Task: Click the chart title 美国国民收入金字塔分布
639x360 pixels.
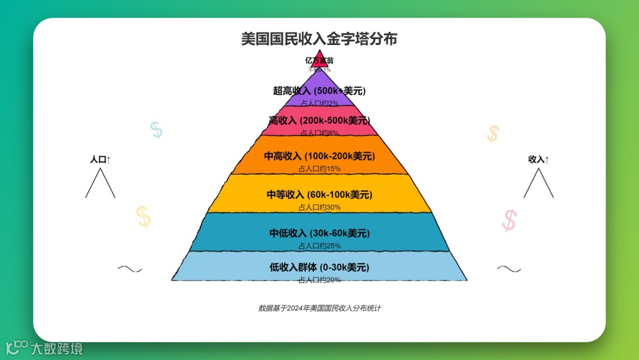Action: click(x=319, y=40)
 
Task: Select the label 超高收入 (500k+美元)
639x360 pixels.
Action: click(x=319, y=91)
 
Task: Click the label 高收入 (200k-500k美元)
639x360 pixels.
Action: click(x=319, y=120)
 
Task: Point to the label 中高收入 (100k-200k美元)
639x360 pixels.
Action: click(x=319, y=156)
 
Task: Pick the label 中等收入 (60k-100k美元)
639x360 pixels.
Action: click(x=319, y=194)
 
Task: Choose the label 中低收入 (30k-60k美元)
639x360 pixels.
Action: click(x=319, y=233)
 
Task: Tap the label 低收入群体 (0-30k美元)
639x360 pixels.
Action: click(x=319, y=267)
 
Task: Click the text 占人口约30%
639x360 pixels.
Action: click(x=319, y=207)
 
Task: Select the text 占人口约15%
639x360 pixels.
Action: click(x=319, y=169)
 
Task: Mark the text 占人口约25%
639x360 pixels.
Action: click(x=319, y=246)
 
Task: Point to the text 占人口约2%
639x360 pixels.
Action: click(x=319, y=103)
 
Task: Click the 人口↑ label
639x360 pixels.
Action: click(x=100, y=160)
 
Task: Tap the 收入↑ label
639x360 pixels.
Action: click(x=538, y=160)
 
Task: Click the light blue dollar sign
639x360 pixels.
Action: click(x=156, y=130)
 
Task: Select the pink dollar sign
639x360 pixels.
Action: click(x=509, y=220)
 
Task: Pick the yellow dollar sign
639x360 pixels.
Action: click(x=143, y=217)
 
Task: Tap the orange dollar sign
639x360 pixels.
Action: click(x=493, y=133)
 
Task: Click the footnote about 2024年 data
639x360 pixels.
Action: click(x=319, y=308)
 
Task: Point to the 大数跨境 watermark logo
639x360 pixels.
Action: click(x=44, y=348)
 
